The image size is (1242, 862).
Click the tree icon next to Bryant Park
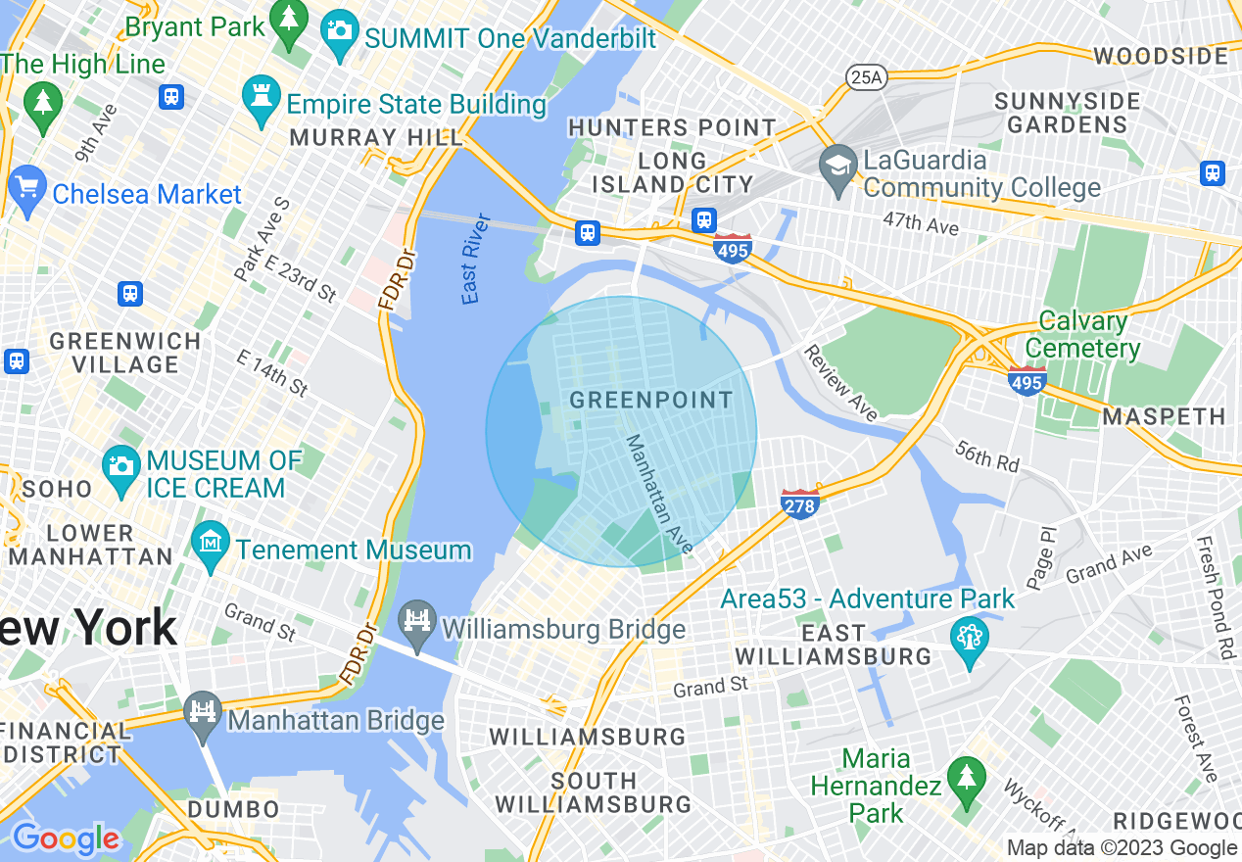289,27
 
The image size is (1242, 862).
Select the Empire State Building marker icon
261,102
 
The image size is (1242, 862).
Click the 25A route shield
865,76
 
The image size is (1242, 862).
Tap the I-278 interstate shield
799,503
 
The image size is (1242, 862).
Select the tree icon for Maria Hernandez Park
967,781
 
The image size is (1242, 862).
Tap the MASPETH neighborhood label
1165,417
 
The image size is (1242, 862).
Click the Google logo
66,838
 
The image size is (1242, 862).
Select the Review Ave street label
840,383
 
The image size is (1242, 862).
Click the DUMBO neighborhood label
233,810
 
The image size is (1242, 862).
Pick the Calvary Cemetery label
1082,335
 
